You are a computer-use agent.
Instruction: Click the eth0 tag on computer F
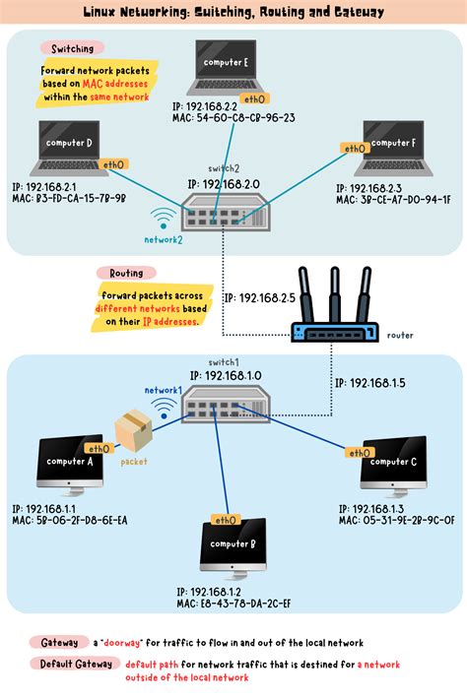[x=354, y=149]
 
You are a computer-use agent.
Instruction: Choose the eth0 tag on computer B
[x=226, y=520]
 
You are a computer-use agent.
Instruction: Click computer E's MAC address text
[x=233, y=117]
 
